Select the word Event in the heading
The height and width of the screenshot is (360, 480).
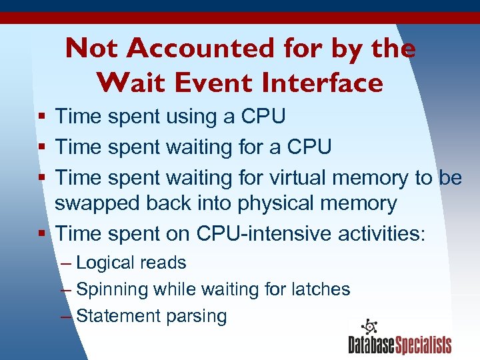209,83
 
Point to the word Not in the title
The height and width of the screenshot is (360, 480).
91,48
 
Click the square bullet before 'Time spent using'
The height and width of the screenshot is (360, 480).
42,118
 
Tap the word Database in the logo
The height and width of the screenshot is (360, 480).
371,345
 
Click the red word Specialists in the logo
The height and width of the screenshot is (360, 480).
423,345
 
